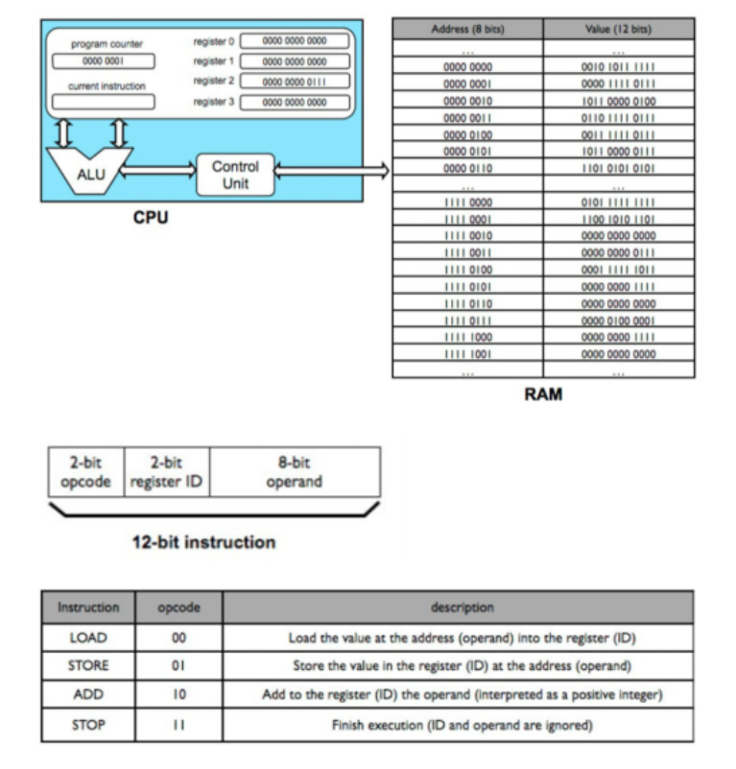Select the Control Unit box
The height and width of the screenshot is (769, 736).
click(235, 174)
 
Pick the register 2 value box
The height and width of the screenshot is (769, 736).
click(294, 82)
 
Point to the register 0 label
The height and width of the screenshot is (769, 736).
click(213, 41)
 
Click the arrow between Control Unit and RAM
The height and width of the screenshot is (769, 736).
click(332, 173)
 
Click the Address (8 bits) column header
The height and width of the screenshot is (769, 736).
click(467, 29)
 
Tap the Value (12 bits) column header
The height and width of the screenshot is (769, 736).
click(618, 29)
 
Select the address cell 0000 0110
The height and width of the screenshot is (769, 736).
click(467, 167)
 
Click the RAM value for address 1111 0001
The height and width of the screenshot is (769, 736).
click(618, 218)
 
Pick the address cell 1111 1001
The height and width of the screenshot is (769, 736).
click(467, 353)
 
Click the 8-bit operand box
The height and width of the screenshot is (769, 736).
click(295, 470)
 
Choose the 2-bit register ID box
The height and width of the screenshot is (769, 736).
click(168, 470)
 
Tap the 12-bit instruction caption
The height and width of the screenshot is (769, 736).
click(203, 542)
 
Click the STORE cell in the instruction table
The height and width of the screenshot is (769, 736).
click(89, 665)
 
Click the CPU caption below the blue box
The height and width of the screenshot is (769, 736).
click(151, 218)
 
